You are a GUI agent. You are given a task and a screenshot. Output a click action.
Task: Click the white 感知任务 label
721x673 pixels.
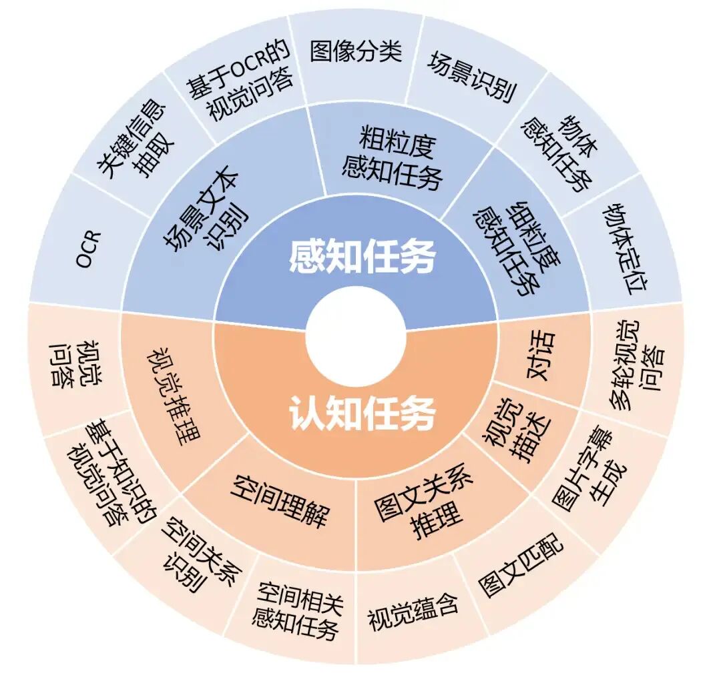tap(363, 256)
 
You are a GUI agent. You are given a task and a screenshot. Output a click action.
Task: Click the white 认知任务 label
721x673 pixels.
tap(363, 412)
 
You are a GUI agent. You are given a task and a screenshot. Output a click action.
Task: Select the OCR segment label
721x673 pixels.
tap(87, 248)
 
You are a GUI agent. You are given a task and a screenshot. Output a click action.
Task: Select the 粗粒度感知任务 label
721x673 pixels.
tap(393, 157)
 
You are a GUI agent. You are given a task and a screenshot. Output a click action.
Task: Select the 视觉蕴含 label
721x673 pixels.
tap(412, 613)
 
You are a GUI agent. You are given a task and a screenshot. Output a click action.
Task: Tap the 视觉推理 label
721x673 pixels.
tap(173, 394)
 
